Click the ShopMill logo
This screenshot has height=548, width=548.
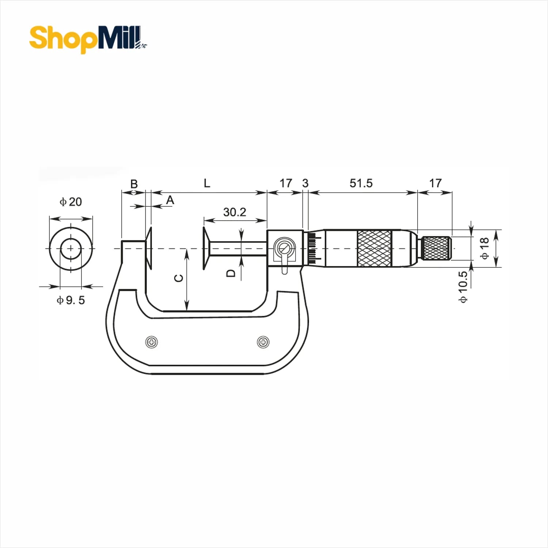[x=88, y=39]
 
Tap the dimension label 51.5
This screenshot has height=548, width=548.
[x=361, y=183]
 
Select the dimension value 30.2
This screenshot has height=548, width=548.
[x=235, y=212]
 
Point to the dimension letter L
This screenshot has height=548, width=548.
[x=207, y=183]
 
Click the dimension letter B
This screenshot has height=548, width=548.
[x=134, y=184]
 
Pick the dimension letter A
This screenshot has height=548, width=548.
[x=170, y=200]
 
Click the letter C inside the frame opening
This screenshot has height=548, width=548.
[x=179, y=278]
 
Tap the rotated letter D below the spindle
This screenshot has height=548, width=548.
[x=231, y=273]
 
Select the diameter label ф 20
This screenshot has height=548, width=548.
[x=71, y=202]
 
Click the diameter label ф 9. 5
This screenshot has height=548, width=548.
[x=71, y=300]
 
